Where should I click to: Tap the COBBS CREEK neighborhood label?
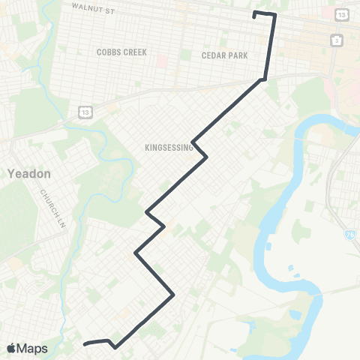point(121,52)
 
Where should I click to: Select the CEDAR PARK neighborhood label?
point(225,55)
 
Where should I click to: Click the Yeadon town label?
point(28,173)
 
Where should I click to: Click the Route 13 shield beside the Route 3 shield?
point(342,15)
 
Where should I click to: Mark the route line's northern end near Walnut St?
point(255,13)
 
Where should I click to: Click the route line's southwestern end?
point(84,344)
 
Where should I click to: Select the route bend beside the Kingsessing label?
point(193,142)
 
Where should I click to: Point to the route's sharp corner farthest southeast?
point(174,295)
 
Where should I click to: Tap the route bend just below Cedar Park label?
point(263,78)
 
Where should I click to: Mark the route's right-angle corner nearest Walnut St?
point(274,15)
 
